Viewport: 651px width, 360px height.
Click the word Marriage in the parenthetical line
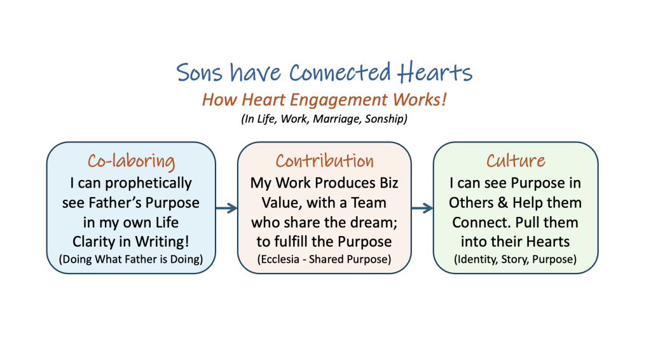coord(337,119)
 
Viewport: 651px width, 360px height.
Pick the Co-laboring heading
coord(131,162)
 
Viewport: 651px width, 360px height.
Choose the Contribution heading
coord(325,161)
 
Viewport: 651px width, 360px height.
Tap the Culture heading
coord(516,161)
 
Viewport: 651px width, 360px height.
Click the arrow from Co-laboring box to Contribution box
coord(227,208)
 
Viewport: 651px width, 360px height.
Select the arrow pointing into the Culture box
coord(422,208)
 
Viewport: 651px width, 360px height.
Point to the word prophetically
coord(148,183)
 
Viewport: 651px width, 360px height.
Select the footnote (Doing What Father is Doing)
coord(131,260)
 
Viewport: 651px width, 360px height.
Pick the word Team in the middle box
coord(369,203)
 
